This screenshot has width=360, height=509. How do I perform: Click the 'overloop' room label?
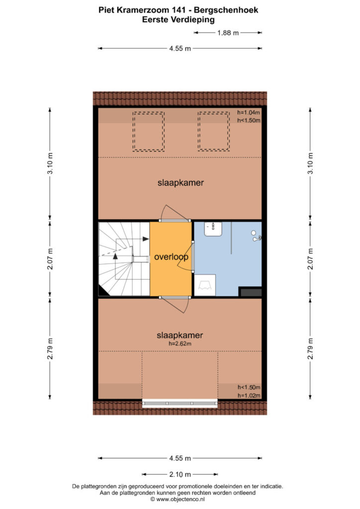[171, 257]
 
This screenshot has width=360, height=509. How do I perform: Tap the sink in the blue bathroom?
[213, 229]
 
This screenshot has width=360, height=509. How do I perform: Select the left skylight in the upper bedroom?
[148, 131]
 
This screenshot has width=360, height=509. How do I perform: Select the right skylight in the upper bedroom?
[214, 131]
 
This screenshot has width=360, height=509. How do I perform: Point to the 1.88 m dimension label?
[228, 33]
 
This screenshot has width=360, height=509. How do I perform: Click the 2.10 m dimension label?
[180, 475]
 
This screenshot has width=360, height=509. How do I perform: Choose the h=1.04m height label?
[249, 113]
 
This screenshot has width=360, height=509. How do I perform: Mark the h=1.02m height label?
[249, 395]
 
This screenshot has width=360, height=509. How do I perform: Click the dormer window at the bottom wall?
[180, 404]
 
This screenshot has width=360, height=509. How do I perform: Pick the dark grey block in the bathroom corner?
[250, 291]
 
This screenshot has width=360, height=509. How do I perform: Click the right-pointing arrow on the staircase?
[146, 239]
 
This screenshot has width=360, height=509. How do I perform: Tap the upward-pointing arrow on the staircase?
[115, 256]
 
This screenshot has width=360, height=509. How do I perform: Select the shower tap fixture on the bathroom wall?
[257, 236]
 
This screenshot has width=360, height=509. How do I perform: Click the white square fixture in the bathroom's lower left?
[205, 285]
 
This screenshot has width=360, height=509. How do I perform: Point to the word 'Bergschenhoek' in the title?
[226, 10]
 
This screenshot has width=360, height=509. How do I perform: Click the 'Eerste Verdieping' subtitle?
[178, 20]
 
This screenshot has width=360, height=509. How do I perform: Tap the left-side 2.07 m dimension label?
[50, 258]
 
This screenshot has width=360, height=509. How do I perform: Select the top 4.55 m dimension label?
[180, 49]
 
